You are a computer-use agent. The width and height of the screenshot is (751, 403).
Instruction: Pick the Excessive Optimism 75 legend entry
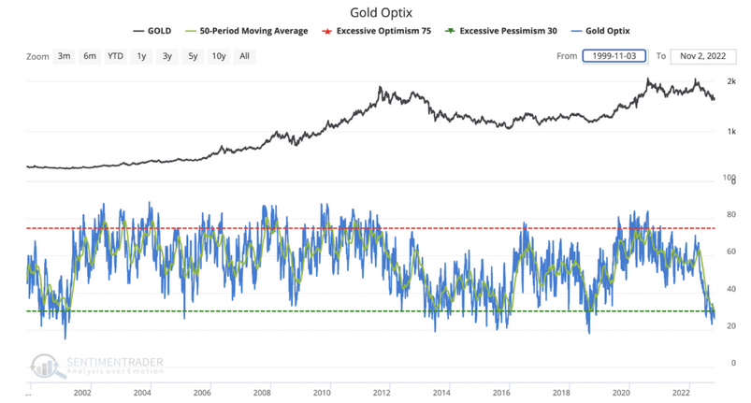tap(385, 31)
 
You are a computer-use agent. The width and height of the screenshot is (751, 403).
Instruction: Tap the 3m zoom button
tap(64, 56)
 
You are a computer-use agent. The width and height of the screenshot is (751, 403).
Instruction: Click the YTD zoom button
tap(115, 56)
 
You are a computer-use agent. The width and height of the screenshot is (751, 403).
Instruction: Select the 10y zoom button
tap(218, 56)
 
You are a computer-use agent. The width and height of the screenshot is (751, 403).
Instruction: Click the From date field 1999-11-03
tap(614, 56)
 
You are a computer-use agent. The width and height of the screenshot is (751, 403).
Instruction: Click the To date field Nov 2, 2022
tap(703, 56)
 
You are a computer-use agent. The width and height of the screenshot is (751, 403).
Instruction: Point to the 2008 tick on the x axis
tap(262, 393)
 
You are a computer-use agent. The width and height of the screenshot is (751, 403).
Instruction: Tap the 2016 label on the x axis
tap(501, 393)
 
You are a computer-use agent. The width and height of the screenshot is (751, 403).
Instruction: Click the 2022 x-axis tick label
tap(682, 393)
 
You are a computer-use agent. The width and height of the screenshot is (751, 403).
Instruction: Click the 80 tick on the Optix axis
tap(730, 216)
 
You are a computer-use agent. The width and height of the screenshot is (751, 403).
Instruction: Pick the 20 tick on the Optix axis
tap(730, 325)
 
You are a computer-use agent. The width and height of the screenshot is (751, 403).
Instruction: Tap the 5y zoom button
tap(192, 56)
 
